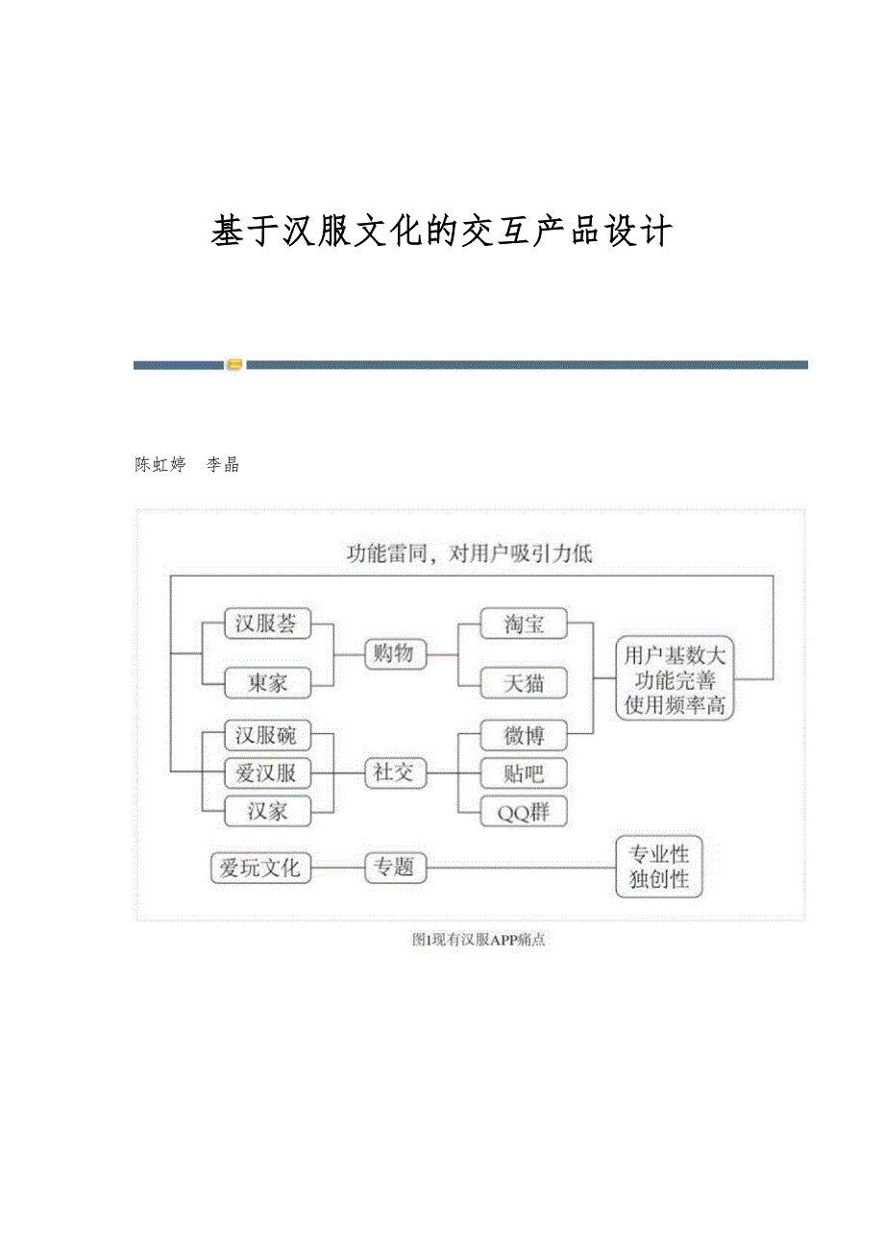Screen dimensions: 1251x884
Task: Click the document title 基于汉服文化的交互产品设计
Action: click(442, 233)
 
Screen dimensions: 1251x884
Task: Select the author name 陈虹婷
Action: click(160, 465)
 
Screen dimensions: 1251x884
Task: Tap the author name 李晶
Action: click(224, 465)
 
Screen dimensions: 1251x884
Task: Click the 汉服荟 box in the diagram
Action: click(267, 625)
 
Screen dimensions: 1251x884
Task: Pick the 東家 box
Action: click(267, 683)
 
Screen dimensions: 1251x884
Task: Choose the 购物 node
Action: click(394, 654)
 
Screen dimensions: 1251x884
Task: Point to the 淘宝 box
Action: click(524, 625)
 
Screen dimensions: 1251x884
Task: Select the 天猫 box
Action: click(524, 683)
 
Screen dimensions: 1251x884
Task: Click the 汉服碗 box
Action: click(267, 736)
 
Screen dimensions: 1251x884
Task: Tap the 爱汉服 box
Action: click(267, 773)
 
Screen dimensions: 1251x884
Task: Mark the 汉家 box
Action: click(267, 810)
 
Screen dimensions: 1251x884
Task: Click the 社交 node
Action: click(394, 773)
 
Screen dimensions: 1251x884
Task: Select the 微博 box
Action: click(524, 736)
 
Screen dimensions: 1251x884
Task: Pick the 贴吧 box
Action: click(524, 773)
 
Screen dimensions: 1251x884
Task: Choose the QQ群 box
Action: click(524, 811)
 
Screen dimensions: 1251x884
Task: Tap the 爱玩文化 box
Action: click(260, 869)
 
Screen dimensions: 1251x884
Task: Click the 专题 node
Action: click(394, 869)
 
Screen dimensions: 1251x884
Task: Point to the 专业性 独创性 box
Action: click(659, 867)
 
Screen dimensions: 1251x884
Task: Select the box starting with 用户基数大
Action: click(675, 679)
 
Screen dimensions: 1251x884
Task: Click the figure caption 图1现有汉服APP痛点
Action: click(479, 941)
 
